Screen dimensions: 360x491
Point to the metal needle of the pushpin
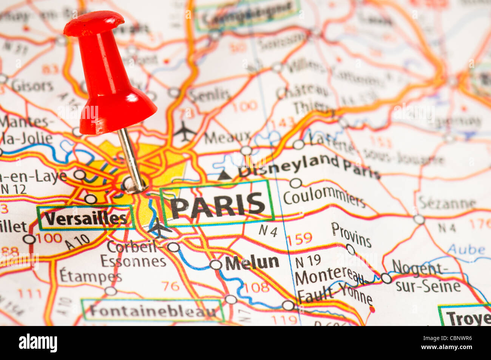point(130,159)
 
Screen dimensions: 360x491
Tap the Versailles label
point(86,218)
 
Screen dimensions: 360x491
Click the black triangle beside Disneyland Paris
point(225,175)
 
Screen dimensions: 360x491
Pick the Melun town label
point(252,263)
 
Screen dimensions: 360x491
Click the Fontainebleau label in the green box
point(153,311)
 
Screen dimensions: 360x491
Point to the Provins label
point(351,234)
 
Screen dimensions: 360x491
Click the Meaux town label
point(227,137)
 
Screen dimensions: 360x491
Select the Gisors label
point(32,86)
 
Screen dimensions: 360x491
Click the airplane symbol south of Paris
point(159,228)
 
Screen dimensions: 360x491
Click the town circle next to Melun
point(216,265)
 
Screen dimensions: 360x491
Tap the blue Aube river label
point(466,249)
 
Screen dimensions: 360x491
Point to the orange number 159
point(300,238)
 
